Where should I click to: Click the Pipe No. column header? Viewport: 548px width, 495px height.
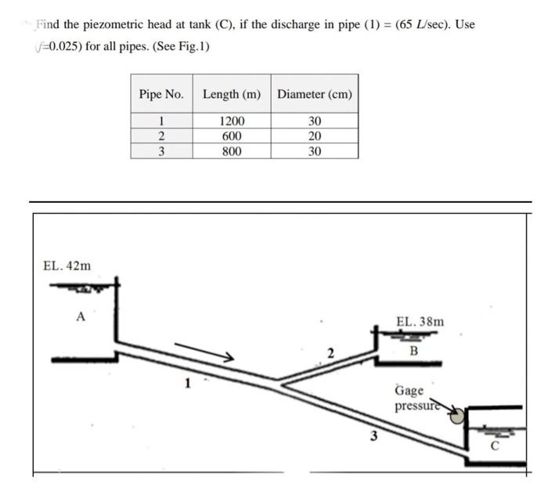click(161, 94)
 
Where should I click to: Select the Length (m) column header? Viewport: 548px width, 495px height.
click(231, 94)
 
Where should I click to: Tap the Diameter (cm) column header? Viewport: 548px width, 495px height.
click(315, 94)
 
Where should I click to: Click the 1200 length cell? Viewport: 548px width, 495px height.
click(231, 121)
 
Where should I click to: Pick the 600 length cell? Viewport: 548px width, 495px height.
click(231, 135)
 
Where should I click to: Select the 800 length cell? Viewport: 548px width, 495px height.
click(231, 150)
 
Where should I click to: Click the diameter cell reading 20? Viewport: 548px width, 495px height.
click(315, 135)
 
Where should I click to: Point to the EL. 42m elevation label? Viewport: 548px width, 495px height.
click(67, 266)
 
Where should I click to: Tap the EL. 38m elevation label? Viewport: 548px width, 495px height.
click(420, 321)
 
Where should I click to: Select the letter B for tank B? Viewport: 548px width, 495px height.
click(414, 350)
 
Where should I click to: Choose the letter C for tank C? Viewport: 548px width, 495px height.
click(494, 447)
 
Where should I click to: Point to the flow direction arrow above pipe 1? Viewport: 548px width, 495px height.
click(204, 351)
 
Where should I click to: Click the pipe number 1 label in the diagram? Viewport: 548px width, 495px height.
click(187, 385)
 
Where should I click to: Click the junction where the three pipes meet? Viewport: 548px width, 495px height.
click(279, 383)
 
